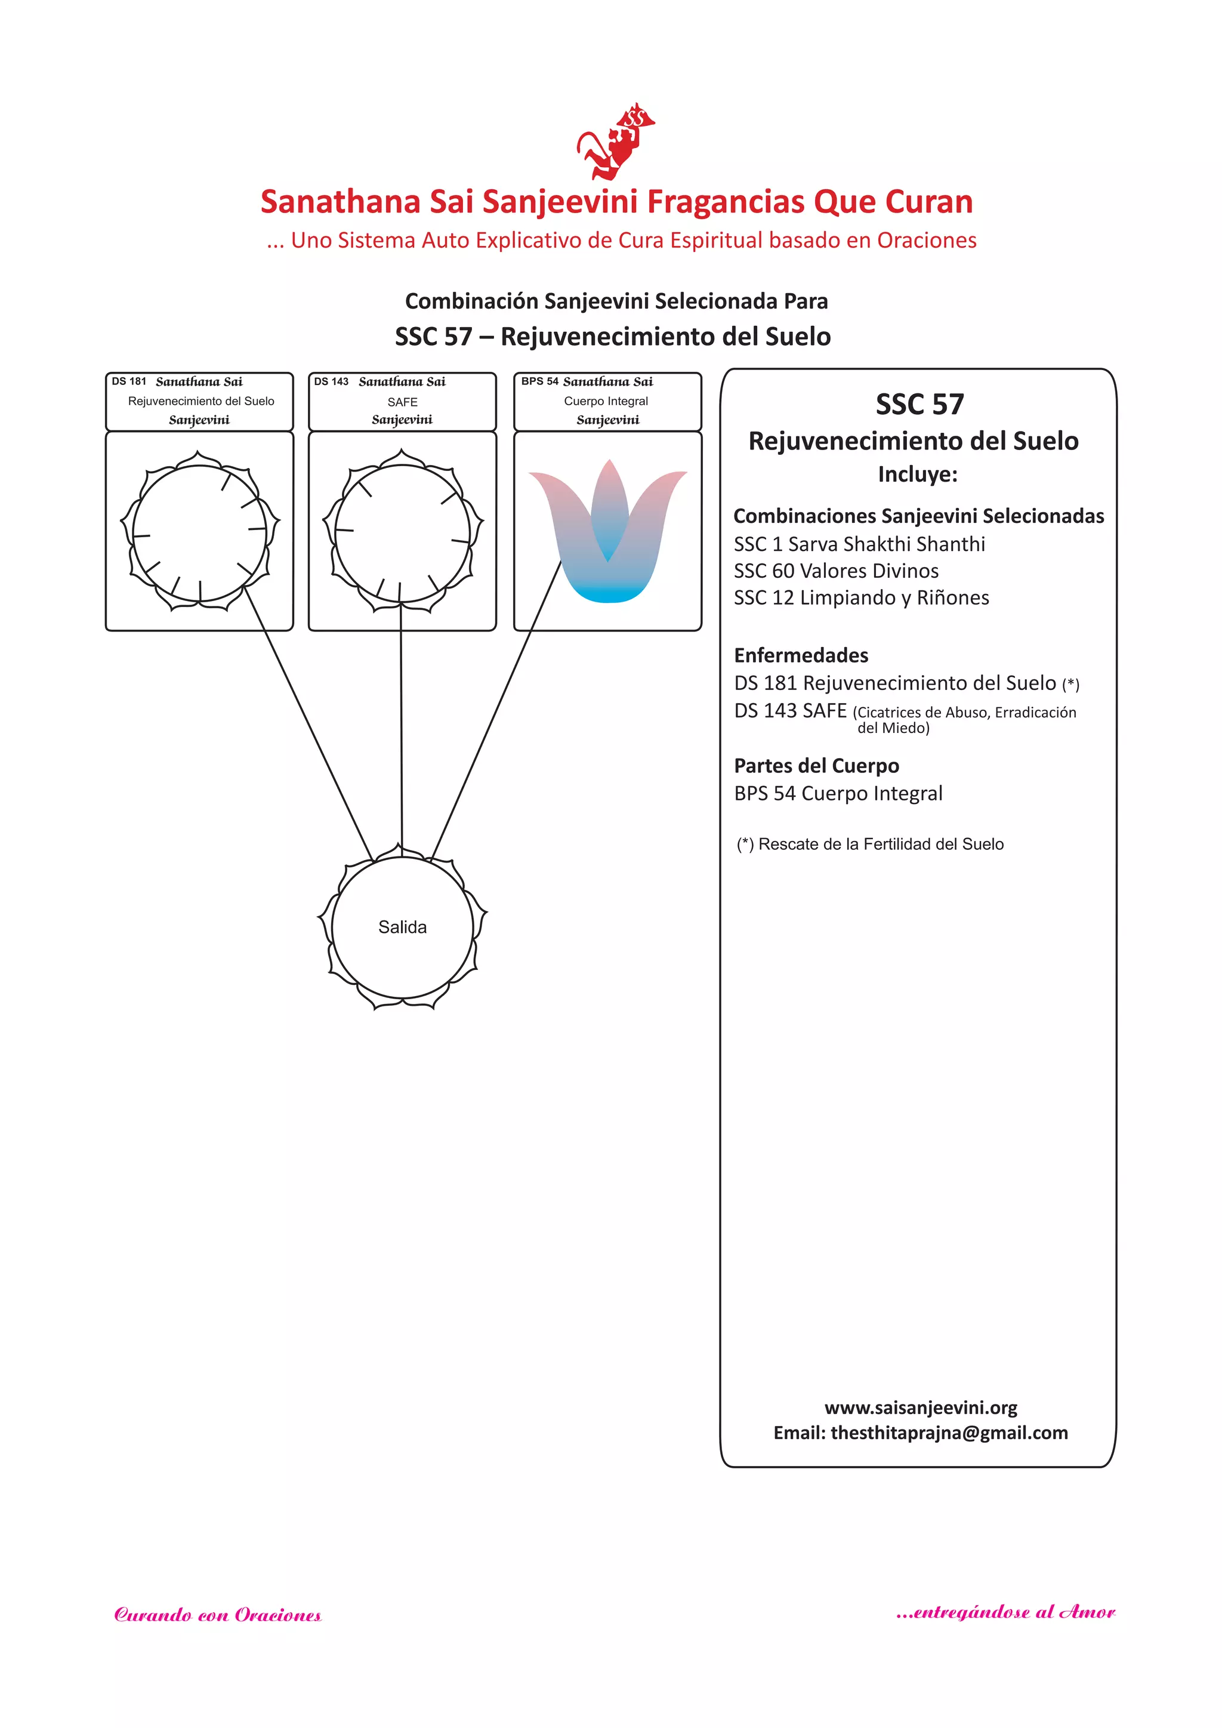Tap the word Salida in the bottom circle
(403, 927)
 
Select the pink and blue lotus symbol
(607, 531)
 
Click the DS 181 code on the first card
(129, 381)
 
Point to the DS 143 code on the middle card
(331, 381)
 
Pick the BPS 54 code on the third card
(539, 381)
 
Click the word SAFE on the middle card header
(403, 402)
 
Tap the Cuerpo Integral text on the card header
(606, 401)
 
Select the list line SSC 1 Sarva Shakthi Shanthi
(859, 544)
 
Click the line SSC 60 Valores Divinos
(836, 571)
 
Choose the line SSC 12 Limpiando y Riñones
(862, 598)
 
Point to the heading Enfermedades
(801, 655)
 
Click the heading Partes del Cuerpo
(816, 766)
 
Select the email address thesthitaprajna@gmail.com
(949, 1433)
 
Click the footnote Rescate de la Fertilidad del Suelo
(880, 845)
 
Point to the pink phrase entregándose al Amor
(1006, 1612)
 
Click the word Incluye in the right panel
(917, 475)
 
